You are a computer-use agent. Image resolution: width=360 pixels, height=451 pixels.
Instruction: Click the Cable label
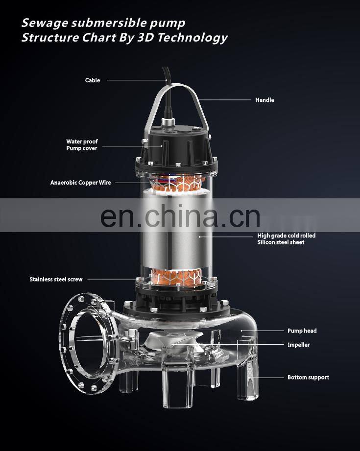coord(93,80)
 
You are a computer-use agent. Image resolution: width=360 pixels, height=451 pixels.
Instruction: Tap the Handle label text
coord(264,100)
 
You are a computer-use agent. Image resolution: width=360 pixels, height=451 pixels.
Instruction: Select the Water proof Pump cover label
coord(82,144)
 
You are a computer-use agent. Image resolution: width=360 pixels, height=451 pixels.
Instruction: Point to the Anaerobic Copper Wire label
coord(81,183)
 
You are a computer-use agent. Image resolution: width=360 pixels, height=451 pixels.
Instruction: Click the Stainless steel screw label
coord(56,279)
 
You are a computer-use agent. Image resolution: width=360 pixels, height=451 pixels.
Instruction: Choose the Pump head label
coord(302,331)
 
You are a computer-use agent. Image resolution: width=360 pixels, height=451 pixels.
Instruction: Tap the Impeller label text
coord(298,345)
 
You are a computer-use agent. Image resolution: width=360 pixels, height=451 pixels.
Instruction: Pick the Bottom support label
coord(308,378)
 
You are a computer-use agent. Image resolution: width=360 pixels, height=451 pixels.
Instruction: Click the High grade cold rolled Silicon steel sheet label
coord(287,239)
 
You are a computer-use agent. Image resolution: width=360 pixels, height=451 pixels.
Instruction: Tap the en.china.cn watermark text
coord(180,216)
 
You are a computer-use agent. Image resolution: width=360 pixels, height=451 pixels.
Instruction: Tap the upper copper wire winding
coord(176,183)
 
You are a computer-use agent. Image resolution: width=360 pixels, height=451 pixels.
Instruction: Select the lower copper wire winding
coord(176,276)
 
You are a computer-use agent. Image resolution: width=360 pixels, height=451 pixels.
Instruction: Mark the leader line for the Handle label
coord(225,100)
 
